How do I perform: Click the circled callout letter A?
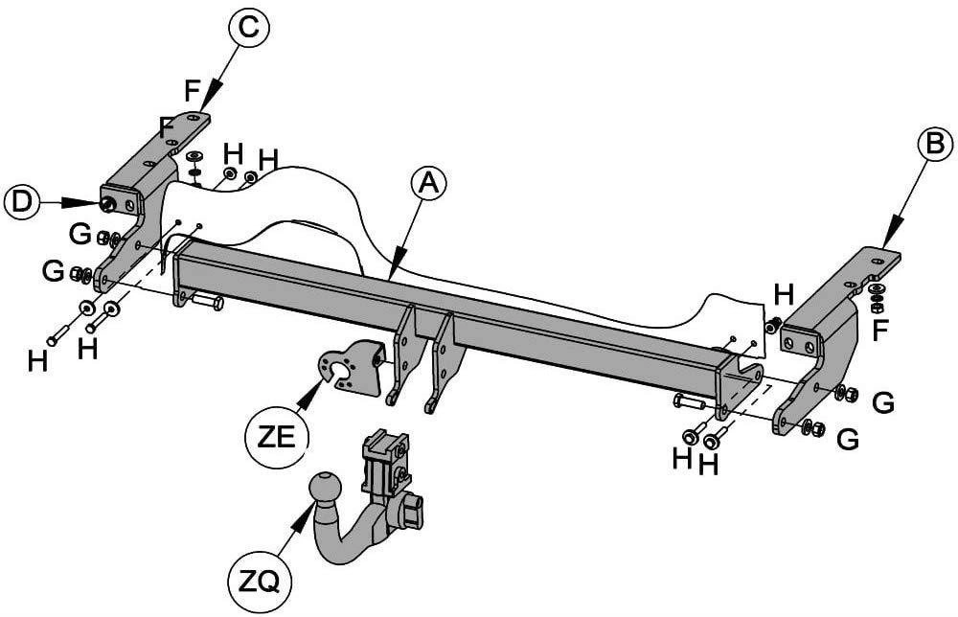(x=429, y=184)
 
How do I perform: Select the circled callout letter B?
(x=935, y=145)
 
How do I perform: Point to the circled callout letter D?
(x=21, y=203)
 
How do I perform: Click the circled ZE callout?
(x=277, y=438)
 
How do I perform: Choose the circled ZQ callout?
(x=258, y=583)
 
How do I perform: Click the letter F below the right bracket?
(x=879, y=331)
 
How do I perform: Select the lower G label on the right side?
(x=848, y=440)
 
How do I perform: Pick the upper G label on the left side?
(x=80, y=234)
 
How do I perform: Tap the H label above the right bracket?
(x=784, y=295)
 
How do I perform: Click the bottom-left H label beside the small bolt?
(x=38, y=361)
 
